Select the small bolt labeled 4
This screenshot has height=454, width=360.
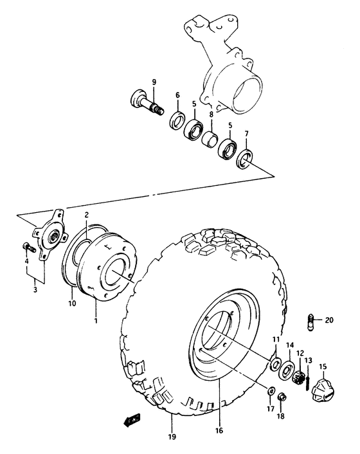pos(28,247)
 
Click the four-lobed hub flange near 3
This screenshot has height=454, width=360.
pos(51,236)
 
